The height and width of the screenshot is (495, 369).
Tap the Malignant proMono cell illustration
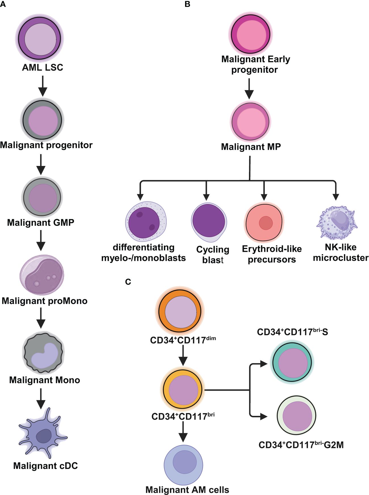[42, 275]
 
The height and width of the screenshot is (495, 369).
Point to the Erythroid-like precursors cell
[264, 222]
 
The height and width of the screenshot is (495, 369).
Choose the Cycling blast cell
[209, 222]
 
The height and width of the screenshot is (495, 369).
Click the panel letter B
[187, 4]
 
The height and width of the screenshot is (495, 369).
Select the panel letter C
[128, 282]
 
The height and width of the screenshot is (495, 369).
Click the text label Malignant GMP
[41, 223]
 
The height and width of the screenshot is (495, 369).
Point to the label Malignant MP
[251, 147]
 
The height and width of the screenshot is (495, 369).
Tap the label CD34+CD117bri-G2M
[301, 445]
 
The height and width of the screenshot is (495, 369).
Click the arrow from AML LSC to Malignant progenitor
[43, 86]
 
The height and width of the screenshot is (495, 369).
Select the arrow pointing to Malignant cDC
[41, 398]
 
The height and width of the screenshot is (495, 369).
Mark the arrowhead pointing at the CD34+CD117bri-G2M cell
[264, 416]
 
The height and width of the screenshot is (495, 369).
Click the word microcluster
[341, 258]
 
